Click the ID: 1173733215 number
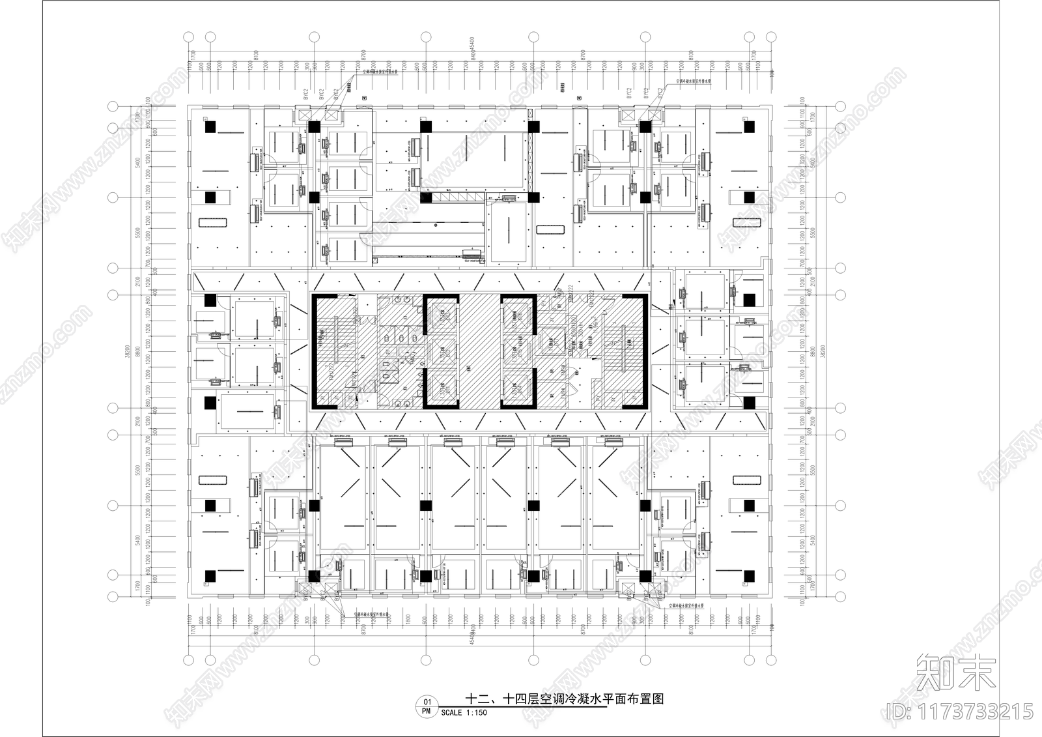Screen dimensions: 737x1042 point(960,710)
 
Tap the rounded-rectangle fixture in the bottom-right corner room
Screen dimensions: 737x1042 point(747,480)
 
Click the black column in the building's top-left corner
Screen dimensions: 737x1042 point(210,128)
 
